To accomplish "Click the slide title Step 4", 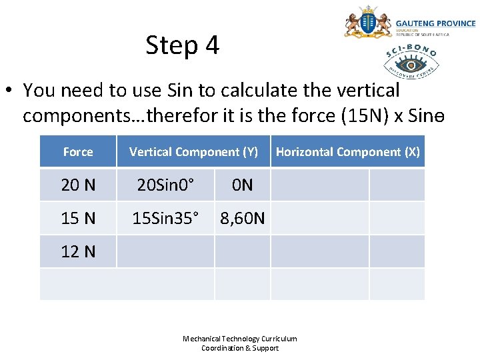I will click(182, 45).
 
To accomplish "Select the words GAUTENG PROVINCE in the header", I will click(436, 23).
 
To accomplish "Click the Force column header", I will click(78, 152).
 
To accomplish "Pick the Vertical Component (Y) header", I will click(193, 152).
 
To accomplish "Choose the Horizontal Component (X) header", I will click(347, 152).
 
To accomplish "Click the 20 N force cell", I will click(78, 185).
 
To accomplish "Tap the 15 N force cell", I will click(78, 218).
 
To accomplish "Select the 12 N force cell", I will click(78, 251).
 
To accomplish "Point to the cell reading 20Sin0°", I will click(165, 185).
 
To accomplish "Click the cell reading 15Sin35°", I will click(165, 218).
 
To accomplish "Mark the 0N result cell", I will click(242, 185).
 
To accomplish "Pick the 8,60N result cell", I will click(242, 218).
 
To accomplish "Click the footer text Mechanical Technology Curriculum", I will click(240, 339).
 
